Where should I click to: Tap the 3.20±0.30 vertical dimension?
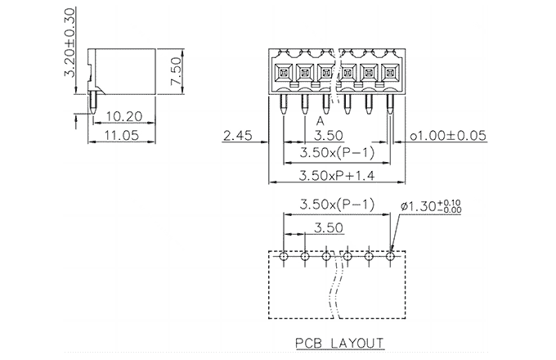(70, 43)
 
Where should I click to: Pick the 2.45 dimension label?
(237, 137)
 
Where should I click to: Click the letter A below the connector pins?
(321, 119)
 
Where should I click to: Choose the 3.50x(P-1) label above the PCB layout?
(336, 204)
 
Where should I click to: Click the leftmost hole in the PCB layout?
(284, 256)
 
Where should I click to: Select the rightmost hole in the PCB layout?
(391, 256)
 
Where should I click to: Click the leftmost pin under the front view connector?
(283, 104)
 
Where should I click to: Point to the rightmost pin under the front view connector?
(391, 104)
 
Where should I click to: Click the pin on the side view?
(94, 101)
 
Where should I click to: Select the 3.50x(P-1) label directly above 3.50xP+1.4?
(336, 153)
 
